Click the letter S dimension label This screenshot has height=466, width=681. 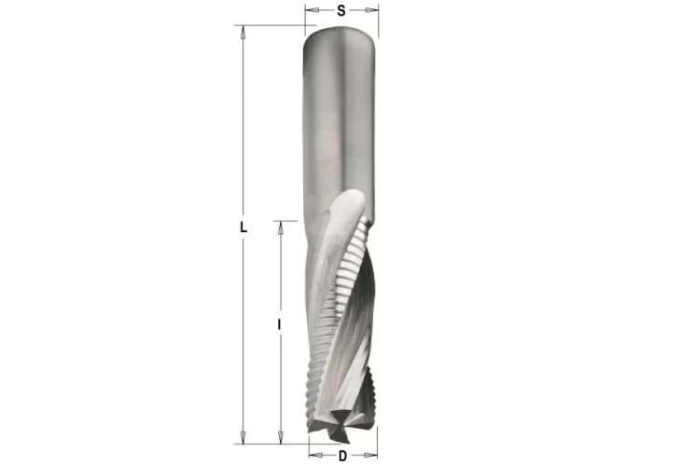341,11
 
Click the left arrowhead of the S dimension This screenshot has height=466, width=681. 309,11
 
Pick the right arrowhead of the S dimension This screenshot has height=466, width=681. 375,11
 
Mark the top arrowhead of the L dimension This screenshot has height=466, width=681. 243,31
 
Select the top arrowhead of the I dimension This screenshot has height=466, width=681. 280,226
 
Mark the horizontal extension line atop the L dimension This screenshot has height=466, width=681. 271,25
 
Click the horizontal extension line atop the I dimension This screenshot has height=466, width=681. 287,221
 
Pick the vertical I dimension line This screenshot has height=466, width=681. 280,280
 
